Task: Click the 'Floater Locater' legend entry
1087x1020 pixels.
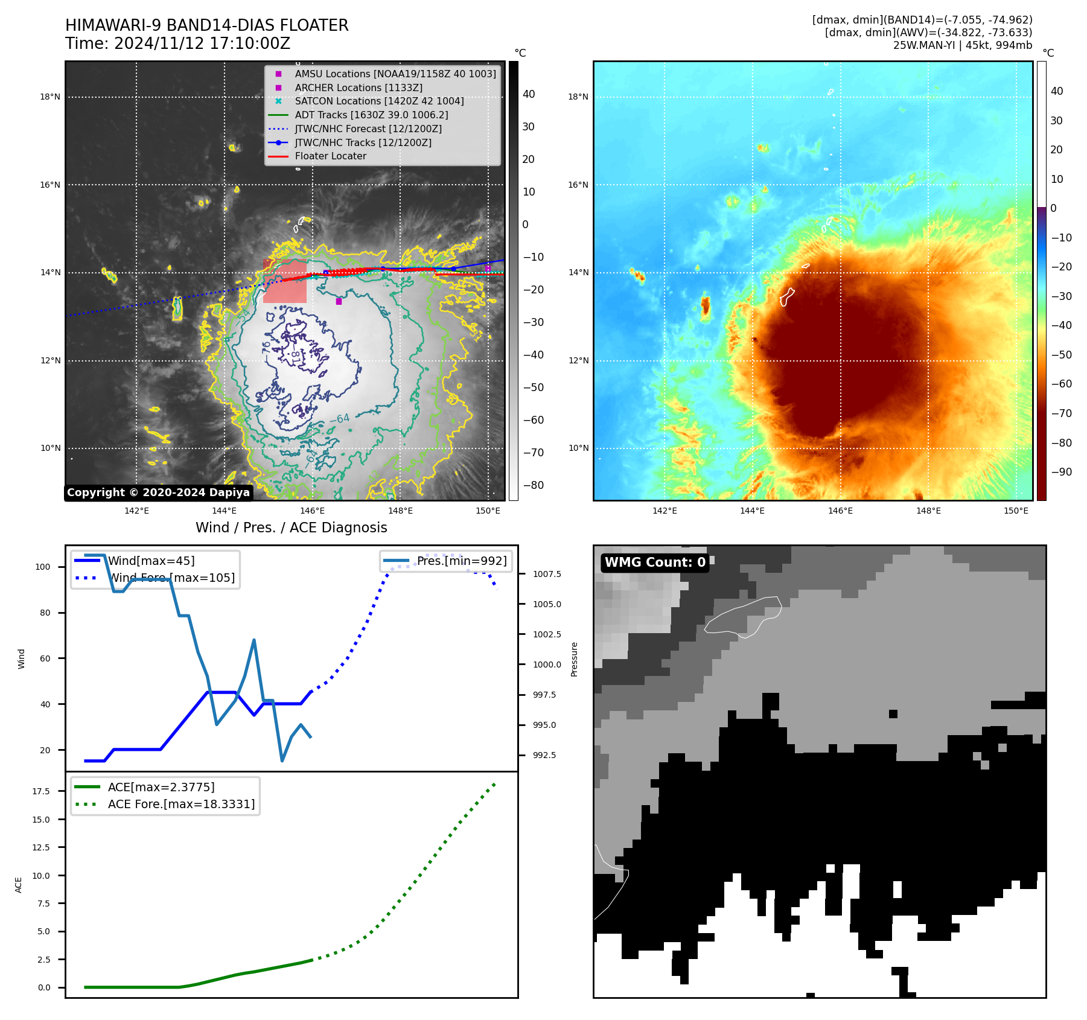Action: (x=330, y=156)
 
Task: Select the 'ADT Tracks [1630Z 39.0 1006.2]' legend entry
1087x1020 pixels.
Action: (x=371, y=115)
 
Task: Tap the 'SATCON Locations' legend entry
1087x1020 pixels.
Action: (x=379, y=101)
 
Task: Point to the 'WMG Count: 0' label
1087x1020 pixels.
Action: (x=655, y=563)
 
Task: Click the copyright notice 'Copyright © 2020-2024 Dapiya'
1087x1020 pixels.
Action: (x=158, y=492)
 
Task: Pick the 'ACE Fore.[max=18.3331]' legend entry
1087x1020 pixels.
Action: (x=181, y=805)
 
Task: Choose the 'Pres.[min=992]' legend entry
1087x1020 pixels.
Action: (x=462, y=561)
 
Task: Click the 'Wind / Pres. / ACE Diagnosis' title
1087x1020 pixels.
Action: (x=291, y=528)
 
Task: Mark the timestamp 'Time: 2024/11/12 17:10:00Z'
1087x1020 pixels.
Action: (x=177, y=44)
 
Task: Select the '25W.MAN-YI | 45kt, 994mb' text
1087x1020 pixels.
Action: (x=962, y=45)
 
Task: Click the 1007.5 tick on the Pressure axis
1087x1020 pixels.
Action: (x=547, y=574)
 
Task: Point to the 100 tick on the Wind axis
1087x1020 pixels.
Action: (x=43, y=567)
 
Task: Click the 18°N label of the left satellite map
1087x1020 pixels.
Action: (x=50, y=97)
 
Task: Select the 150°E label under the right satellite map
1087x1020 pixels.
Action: (x=1016, y=511)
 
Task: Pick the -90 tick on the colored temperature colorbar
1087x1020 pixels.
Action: (x=1061, y=472)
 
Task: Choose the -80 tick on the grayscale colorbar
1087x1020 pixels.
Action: (x=533, y=485)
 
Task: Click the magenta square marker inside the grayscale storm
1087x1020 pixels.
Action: (x=339, y=301)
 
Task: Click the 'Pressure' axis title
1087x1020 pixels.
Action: (x=574, y=659)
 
